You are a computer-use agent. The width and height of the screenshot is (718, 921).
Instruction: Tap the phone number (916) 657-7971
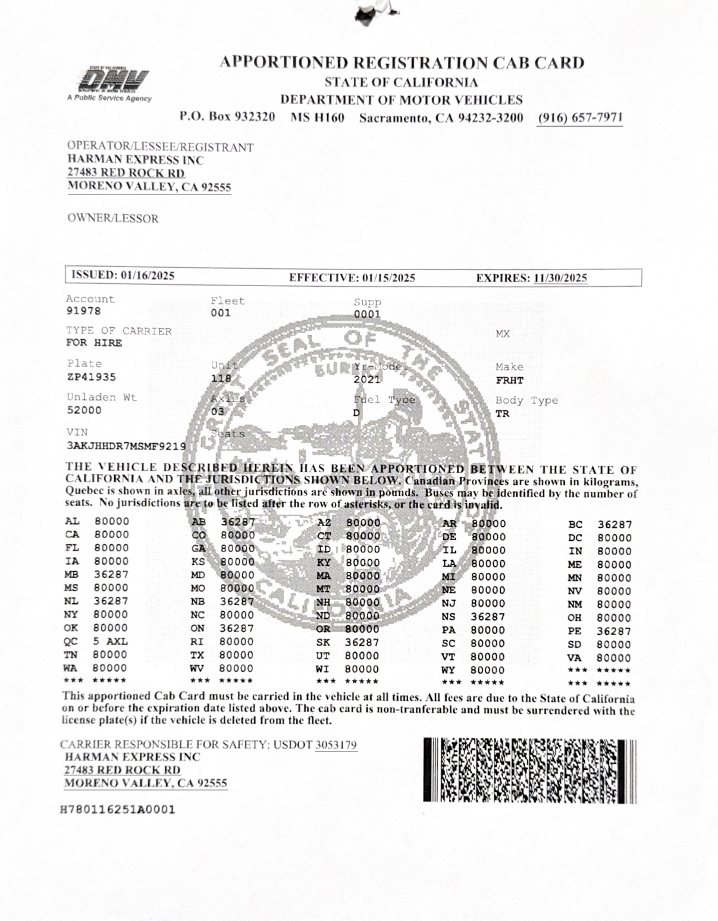(x=580, y=118)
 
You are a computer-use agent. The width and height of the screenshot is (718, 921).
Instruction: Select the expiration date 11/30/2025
(x=560, y=278)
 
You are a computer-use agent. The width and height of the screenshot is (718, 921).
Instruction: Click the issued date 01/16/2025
(x=148, y=275)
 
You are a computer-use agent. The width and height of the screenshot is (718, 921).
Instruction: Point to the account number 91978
(x=83, y=311)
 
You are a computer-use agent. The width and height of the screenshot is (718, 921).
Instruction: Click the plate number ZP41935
(x=92, y=377)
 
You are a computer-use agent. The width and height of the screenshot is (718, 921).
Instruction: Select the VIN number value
(x=126, y=446)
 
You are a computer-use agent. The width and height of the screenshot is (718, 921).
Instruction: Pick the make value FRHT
(x=509, y=381)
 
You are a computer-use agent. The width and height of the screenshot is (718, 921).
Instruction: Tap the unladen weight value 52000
(x=84, y=411)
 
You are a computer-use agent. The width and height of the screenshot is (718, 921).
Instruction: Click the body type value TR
(x=502, y=413)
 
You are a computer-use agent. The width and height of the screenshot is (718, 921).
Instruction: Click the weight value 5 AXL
(x=110, y=641)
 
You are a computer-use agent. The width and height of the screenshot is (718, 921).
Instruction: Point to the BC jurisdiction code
(x=575, y=525)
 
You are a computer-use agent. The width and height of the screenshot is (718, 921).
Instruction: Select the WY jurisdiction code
(x=449, y=670)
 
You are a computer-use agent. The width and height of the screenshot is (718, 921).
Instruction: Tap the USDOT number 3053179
(x=336, y=745)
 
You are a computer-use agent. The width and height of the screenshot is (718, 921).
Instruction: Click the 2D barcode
(x=529, y=770)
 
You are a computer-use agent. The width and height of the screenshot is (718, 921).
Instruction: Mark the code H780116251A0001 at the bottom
(x=118, y=810)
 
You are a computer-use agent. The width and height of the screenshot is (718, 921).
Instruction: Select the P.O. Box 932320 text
(x=227, y=117)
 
